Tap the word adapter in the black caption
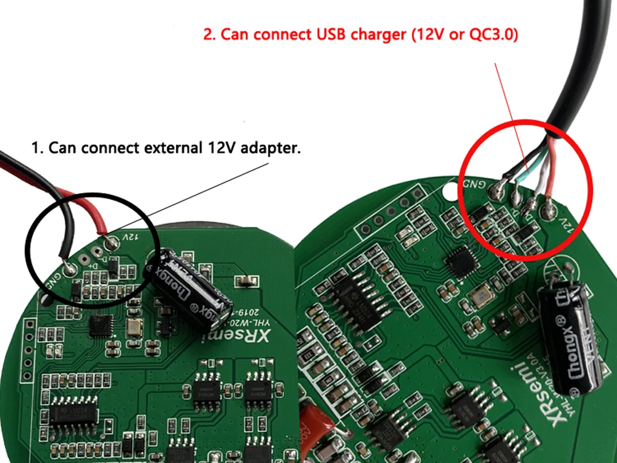pyautogui.click(x=271, y=149)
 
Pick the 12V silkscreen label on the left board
pyautogui.click(x=128, y=237)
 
